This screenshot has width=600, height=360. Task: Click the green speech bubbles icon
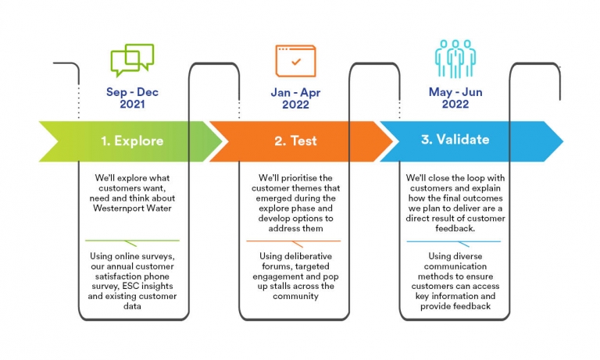(x=132, y=60)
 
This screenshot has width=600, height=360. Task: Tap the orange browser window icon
(x=295, y=60)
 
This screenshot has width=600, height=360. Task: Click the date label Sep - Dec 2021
(x=132, y=98)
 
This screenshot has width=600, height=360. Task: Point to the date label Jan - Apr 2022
(x=295, y=98)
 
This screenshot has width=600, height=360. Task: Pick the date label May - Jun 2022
(x=455, y=98)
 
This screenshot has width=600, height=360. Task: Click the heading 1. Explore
(x=132, y=141)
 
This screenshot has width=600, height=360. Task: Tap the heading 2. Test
(x=295, y=141)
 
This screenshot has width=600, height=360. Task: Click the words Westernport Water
(x=132, y=209)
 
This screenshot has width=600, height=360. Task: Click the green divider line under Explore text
(x=132, y=241)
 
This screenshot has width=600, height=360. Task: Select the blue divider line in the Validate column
(x=455, y=241)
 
